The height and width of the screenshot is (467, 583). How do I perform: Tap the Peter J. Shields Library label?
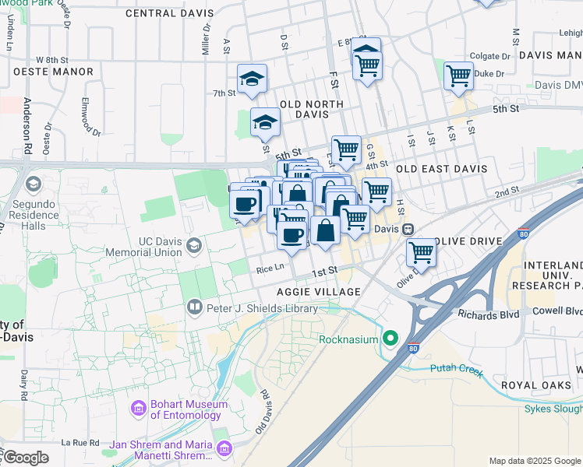tap(262, 308)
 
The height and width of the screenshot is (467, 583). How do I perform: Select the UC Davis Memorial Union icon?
tap(194, 247)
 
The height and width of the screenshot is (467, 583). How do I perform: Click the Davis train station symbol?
tap(407, 230)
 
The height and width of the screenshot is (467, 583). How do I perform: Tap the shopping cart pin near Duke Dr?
tap(458, 76)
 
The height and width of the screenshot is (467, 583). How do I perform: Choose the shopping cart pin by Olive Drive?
tap(421, 251)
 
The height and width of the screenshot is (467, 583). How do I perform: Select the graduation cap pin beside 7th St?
tap(252, 79)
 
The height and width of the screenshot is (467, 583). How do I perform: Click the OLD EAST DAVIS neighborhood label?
tap(441, 169)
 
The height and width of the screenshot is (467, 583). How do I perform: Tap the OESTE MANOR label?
tap(53, 72)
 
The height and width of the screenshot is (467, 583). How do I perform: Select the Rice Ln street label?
tap(270, 269)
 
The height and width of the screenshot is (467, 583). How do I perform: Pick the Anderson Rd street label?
tap(26, 125)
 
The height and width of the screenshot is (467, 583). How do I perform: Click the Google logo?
tap(25, 458)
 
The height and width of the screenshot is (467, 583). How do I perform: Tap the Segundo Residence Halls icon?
tap(33, 184)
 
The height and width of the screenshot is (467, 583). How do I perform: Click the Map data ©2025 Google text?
tap(535, 462)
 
